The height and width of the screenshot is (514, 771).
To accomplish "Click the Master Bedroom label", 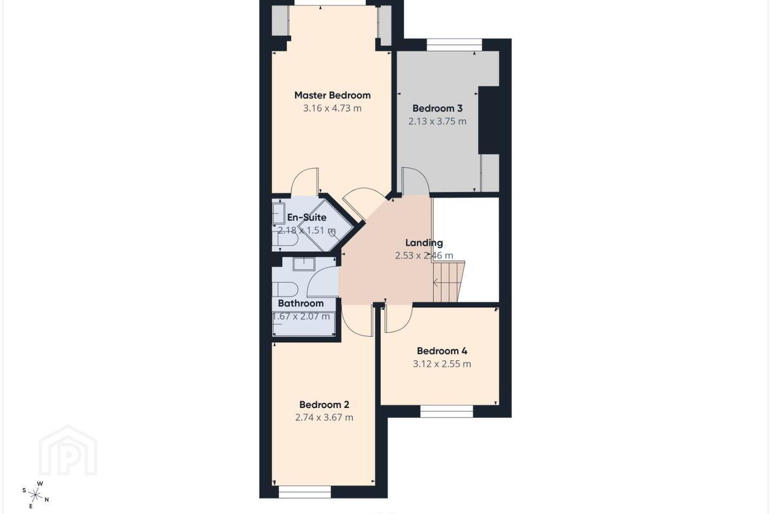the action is pyautogui.click(x=332, y=95).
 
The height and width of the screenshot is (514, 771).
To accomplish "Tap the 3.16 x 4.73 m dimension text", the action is pyautogui.click(x=332, y=109).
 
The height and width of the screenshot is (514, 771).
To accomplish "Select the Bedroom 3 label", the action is pyautogui.click(x=437, y=109).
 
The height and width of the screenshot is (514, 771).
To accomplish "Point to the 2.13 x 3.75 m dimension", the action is pyautogui.click(x=437, y=122).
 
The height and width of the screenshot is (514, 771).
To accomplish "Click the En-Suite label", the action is pyautogui.click(x=307, y=217).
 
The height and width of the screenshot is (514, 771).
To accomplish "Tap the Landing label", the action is pyautogui.click(x=424, y=243).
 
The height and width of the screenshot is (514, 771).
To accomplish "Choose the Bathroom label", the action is pyautogui.click(x=301, y=303).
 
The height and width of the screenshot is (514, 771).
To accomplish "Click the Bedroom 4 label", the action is pyautogui.click(x=442, y=351).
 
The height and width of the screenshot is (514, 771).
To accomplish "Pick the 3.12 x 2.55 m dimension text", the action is pyautogui.click(x=442, y=364).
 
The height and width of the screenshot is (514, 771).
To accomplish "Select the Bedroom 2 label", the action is pyautogui.click(x=324, y=405).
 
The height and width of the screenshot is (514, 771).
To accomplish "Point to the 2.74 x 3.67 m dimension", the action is pyautogui.click(x=324, y=418).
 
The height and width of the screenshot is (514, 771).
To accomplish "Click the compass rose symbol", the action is pyautogui.click(x=35, y=495).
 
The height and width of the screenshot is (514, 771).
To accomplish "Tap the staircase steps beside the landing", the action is pyautogui.click(x=449, y=282).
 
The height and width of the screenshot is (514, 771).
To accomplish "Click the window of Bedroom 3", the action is pyautogui.click(x=455, y=45).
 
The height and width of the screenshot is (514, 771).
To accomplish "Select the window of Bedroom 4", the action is pyautogui.click(x=447, y=411).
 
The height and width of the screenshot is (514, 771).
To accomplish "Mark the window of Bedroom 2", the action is pyautogui.click(x=305, y=492).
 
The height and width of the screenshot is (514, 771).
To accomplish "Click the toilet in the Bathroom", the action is pyautogui.click(x=285, y=289).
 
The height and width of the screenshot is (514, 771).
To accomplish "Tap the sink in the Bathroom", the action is pyautogui.click(x=304, y=264).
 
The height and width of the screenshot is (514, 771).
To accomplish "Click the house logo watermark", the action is pyautogui.click(x=68, y=450).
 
